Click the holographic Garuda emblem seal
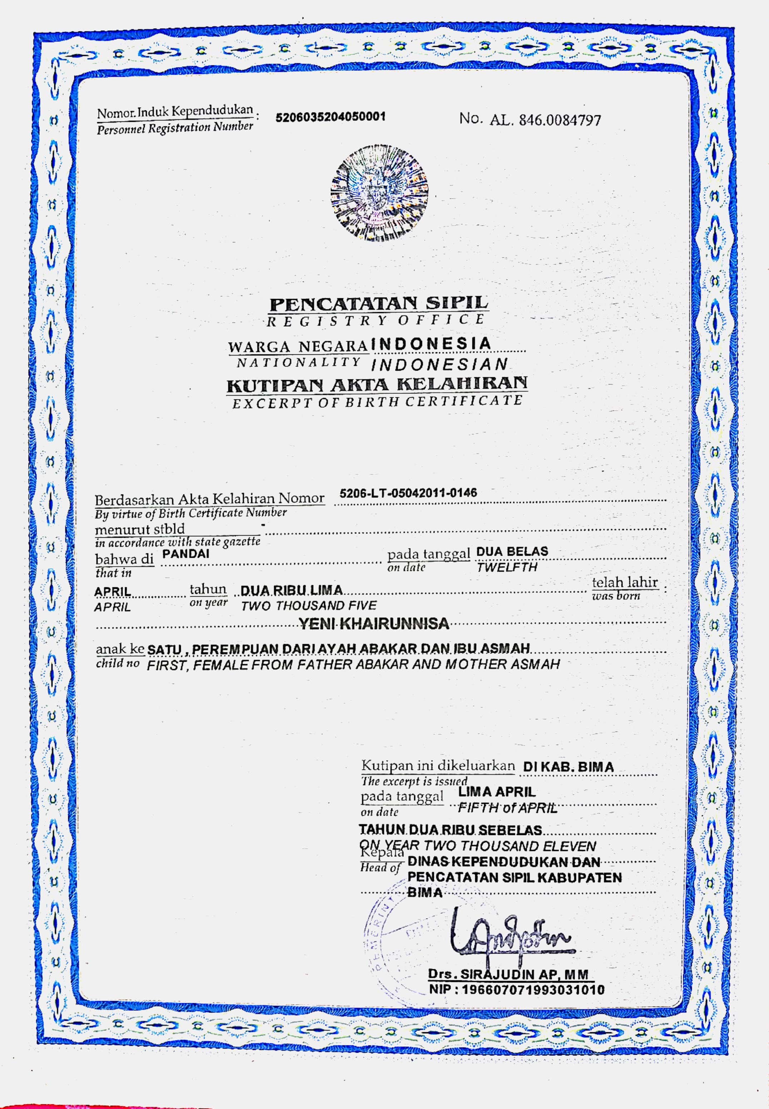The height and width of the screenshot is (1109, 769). (379, 193)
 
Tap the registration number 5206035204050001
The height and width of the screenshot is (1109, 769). (330, 116)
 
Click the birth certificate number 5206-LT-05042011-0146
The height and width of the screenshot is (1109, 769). (408, 493)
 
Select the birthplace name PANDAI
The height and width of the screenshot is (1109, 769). (185, 554)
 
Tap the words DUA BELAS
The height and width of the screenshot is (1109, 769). (512, 551)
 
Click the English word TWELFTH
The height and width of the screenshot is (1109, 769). (506, 567)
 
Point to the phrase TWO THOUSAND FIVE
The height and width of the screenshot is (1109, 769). (308, 606)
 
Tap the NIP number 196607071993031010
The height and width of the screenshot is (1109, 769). (516, 990)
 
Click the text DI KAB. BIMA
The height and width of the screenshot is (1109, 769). (568, 767)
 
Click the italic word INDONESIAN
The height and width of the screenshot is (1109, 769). (440, 364)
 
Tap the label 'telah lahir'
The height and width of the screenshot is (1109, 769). (624, 582)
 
